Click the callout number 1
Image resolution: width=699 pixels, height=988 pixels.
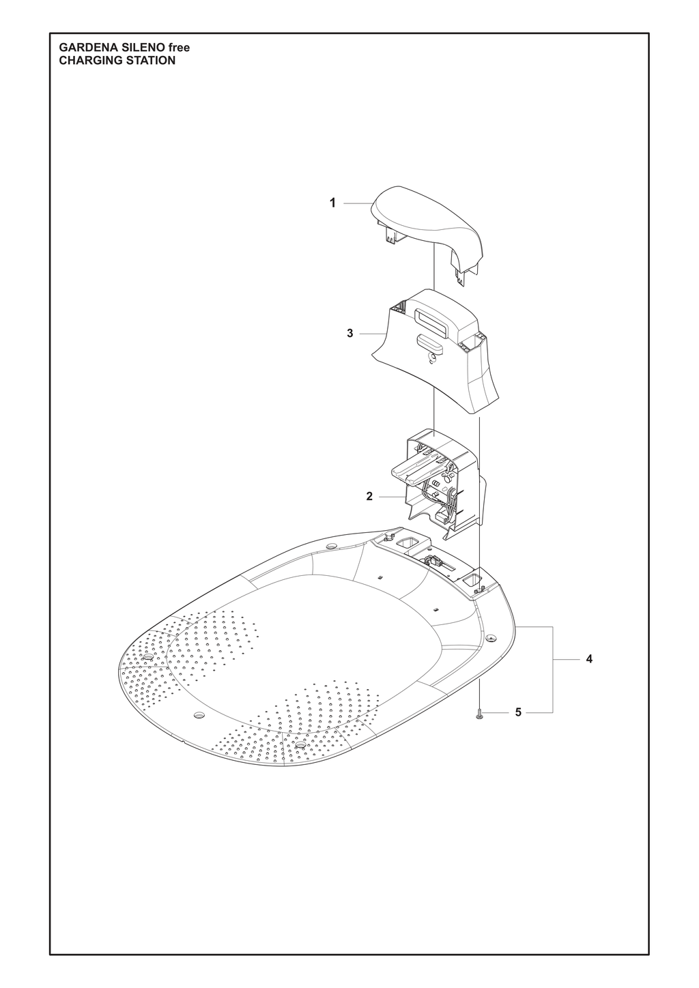(332, 203)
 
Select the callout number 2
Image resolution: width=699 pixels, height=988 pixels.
(370, 497)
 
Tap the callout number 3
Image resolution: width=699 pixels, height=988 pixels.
(350, 334)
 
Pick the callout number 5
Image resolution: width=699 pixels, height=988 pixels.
(519, 712)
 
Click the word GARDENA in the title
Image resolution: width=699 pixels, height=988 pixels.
(83, 48)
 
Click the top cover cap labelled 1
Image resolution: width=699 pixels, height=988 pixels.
(426, 234)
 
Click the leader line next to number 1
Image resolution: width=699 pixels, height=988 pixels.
(356, 203)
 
